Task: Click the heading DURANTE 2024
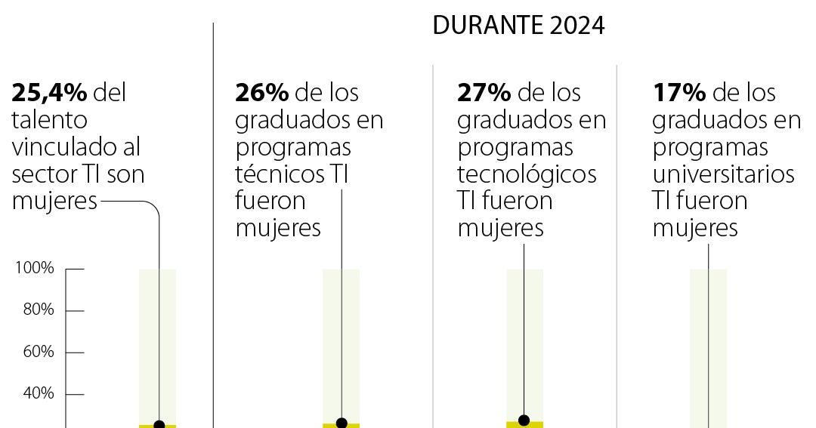(518, 26)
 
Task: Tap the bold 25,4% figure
(49, 93)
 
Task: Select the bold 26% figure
(261, 93)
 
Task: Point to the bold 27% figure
(484, 93)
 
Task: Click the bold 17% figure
(679, 93)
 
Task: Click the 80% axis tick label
(36, 310)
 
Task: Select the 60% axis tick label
(36, 352)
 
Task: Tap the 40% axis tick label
(36, 393)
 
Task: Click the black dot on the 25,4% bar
(159, 425)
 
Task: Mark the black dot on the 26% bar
(342, 423)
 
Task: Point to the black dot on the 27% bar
(524, 420)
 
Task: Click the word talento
(49, 120)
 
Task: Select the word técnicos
(279, 174)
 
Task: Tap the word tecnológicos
(527, 174)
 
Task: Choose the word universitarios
(723, 174)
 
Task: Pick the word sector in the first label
(44, 174)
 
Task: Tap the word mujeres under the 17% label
(695, 228)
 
